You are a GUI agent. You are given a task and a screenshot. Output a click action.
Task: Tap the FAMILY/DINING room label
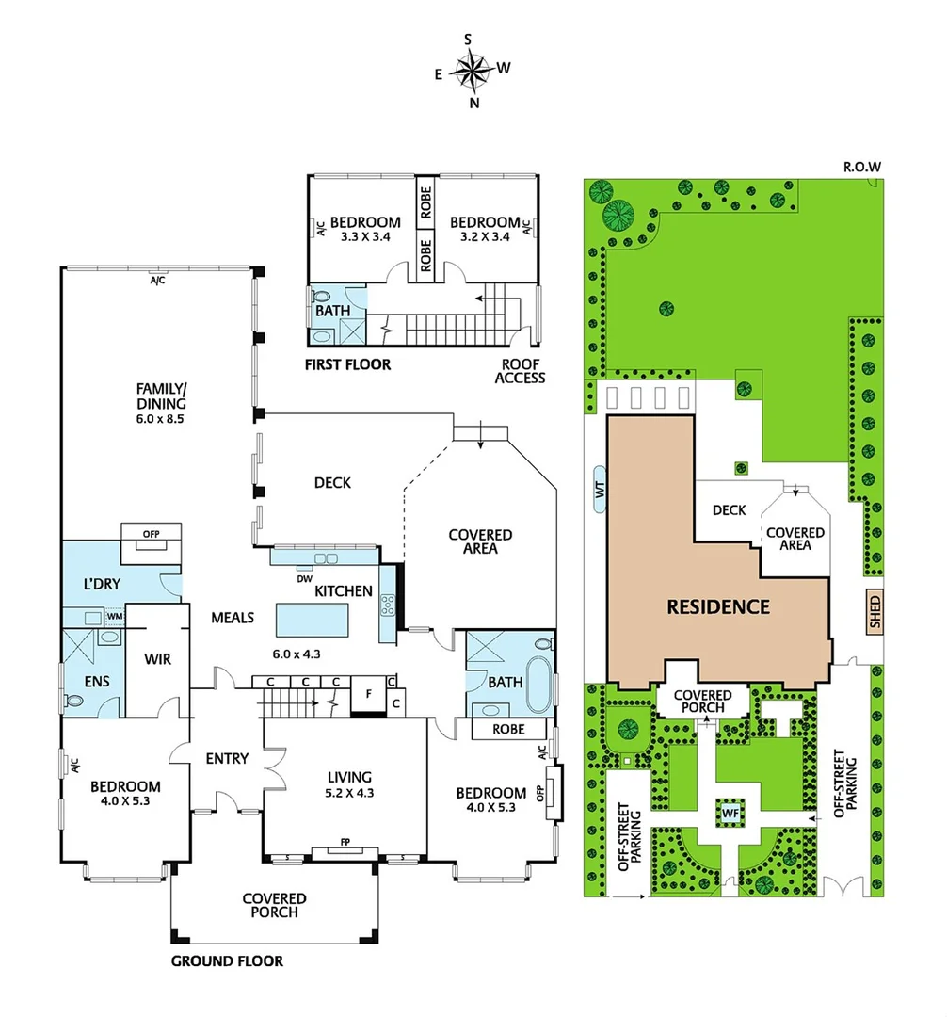click(159, 402)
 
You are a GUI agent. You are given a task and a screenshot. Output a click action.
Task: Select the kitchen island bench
click(312, 621)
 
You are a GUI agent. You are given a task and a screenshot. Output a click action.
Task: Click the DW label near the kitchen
click(304, 579)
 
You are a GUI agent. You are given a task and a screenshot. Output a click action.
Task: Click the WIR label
click(157, 659)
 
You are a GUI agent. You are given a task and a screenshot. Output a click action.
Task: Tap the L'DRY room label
click(102, 584)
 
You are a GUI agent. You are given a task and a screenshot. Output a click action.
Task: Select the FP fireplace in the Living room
click(345, 851)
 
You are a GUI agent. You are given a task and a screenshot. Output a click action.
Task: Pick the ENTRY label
click(226, 758)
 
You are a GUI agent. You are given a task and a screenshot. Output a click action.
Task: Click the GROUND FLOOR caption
click(226, 961)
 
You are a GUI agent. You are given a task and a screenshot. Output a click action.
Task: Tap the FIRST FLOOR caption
click(348, 364)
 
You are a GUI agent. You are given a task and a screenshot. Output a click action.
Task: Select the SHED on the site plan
click(875, 613)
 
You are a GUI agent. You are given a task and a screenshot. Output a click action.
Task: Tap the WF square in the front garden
click(730, 811)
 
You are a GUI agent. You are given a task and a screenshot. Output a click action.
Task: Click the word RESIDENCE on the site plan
click(718, 607)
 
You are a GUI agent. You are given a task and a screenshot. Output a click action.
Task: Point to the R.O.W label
click(860, 167)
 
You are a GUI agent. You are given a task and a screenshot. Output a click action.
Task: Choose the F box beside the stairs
click(368, 695)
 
